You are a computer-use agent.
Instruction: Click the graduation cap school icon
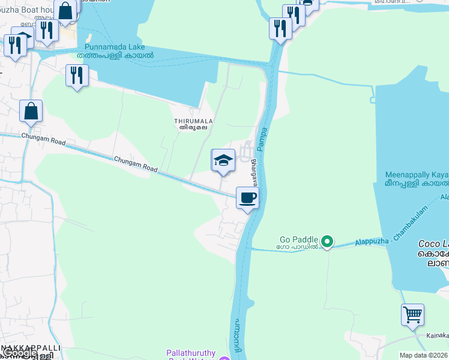pyautogui.click(x=223, y=160)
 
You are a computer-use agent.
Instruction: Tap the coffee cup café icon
pyautogui.click(x=247, y=198)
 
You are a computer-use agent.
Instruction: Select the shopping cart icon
pyautogui.click(x=412, y=314)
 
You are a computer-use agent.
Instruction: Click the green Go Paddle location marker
pyautogui.click(x=327, y=242)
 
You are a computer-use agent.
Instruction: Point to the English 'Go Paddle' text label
pyautogui.click(x=298, y=239)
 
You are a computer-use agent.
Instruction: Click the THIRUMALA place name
pyautogui.click(x=191, y=120)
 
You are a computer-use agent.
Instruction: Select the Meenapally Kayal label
pyautogui.click(x=416, y=175)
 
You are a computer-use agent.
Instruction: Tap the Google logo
pyautogui.click(x=19, y=353)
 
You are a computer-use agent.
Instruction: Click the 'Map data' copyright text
pyautogui.click(x=423, y=355)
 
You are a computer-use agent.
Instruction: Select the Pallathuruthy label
pyautogui.click(x=190, y=353)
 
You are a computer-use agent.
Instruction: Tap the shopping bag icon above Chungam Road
pyautogui.click(x=31, y=111)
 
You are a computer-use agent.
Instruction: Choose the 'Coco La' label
pyautogui.click(x=433, y=244)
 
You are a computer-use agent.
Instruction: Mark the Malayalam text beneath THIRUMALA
pyautogui.click(x=191, y=127)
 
